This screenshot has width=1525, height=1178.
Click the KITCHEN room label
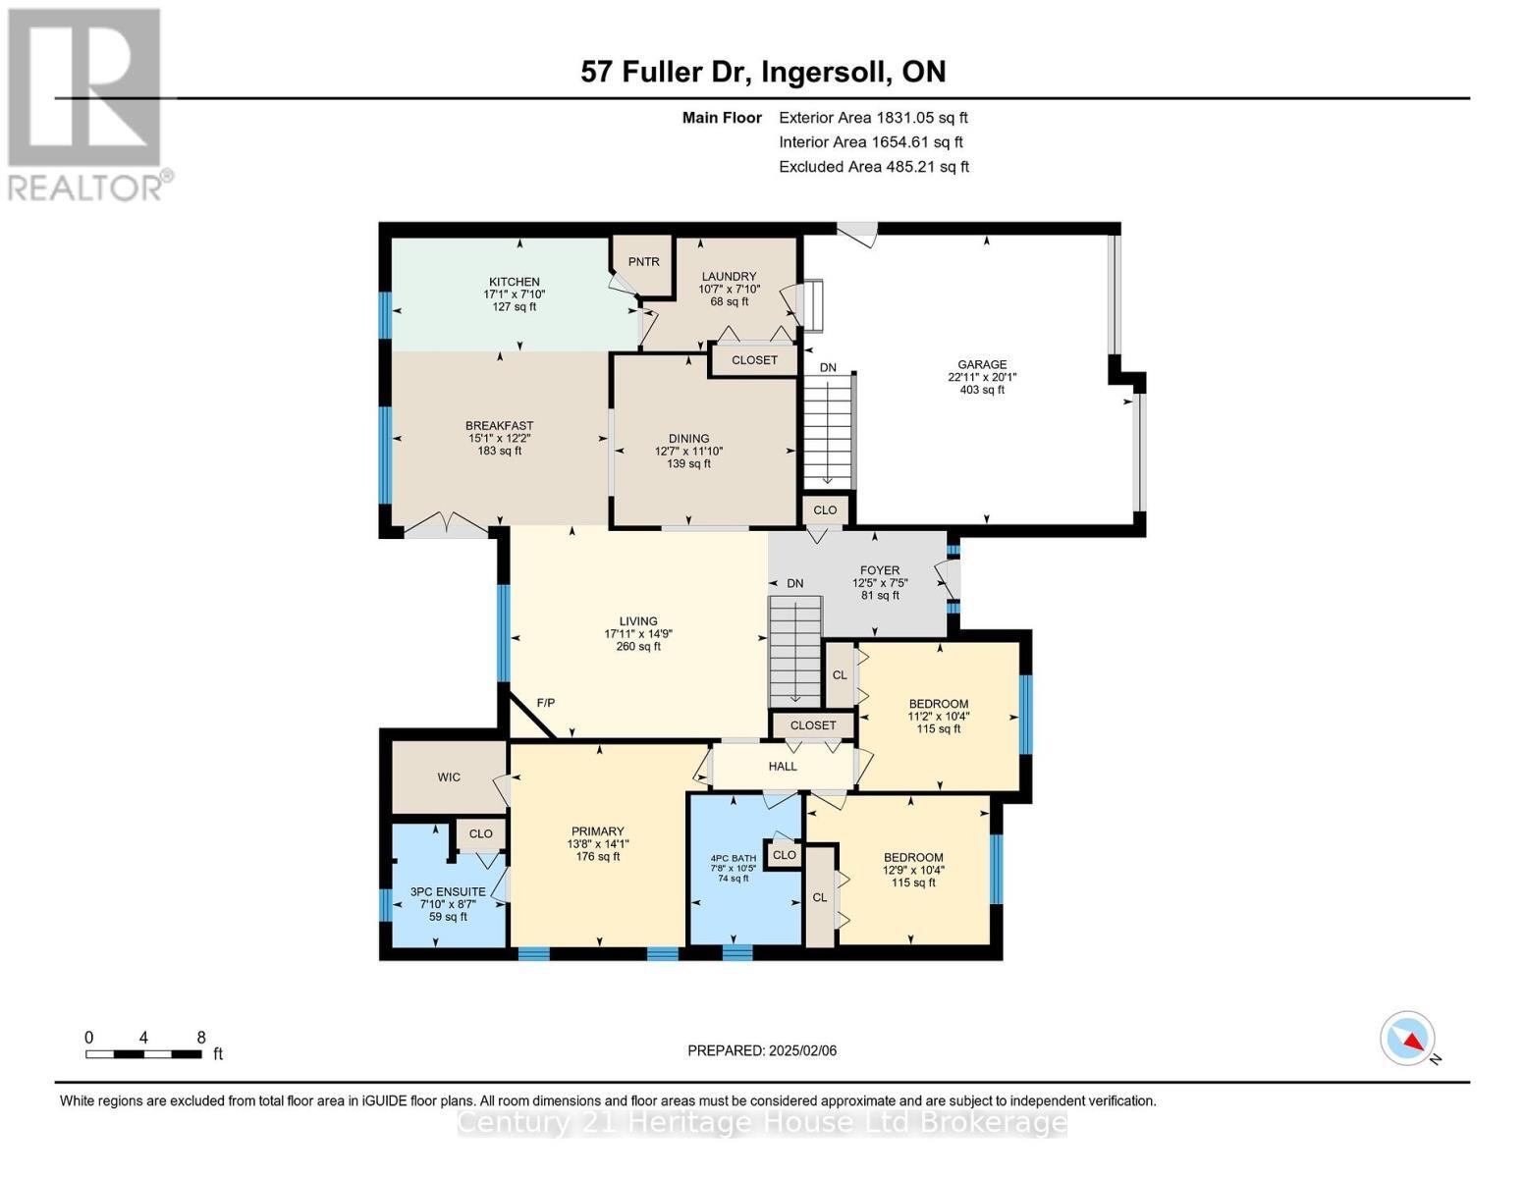tap(515, 282)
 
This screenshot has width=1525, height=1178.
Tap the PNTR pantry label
tap(644, 262)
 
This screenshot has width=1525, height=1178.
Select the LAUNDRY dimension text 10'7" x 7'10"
tap(729, 289)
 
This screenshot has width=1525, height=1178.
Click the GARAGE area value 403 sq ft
tap(982, 390)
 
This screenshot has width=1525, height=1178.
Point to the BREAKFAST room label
tap(499, 426)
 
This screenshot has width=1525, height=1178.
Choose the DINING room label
tap(688, 439)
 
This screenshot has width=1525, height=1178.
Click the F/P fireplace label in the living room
tap(546, 703)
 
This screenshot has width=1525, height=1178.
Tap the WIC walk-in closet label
tap(449, 777)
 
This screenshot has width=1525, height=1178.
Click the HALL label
tap(783, 767)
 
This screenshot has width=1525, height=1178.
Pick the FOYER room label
tap(880, 570)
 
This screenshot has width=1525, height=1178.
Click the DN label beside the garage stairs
tap(828, 368)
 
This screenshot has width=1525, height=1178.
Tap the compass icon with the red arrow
tap(1408, 1039)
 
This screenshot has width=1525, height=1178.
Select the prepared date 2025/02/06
tap(762, 1050)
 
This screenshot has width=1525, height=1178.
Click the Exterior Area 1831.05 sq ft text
tap(873, 118)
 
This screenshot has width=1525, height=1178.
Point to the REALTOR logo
tap(88, 103)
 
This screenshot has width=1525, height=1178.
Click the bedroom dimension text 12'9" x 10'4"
tap(913, 870)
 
